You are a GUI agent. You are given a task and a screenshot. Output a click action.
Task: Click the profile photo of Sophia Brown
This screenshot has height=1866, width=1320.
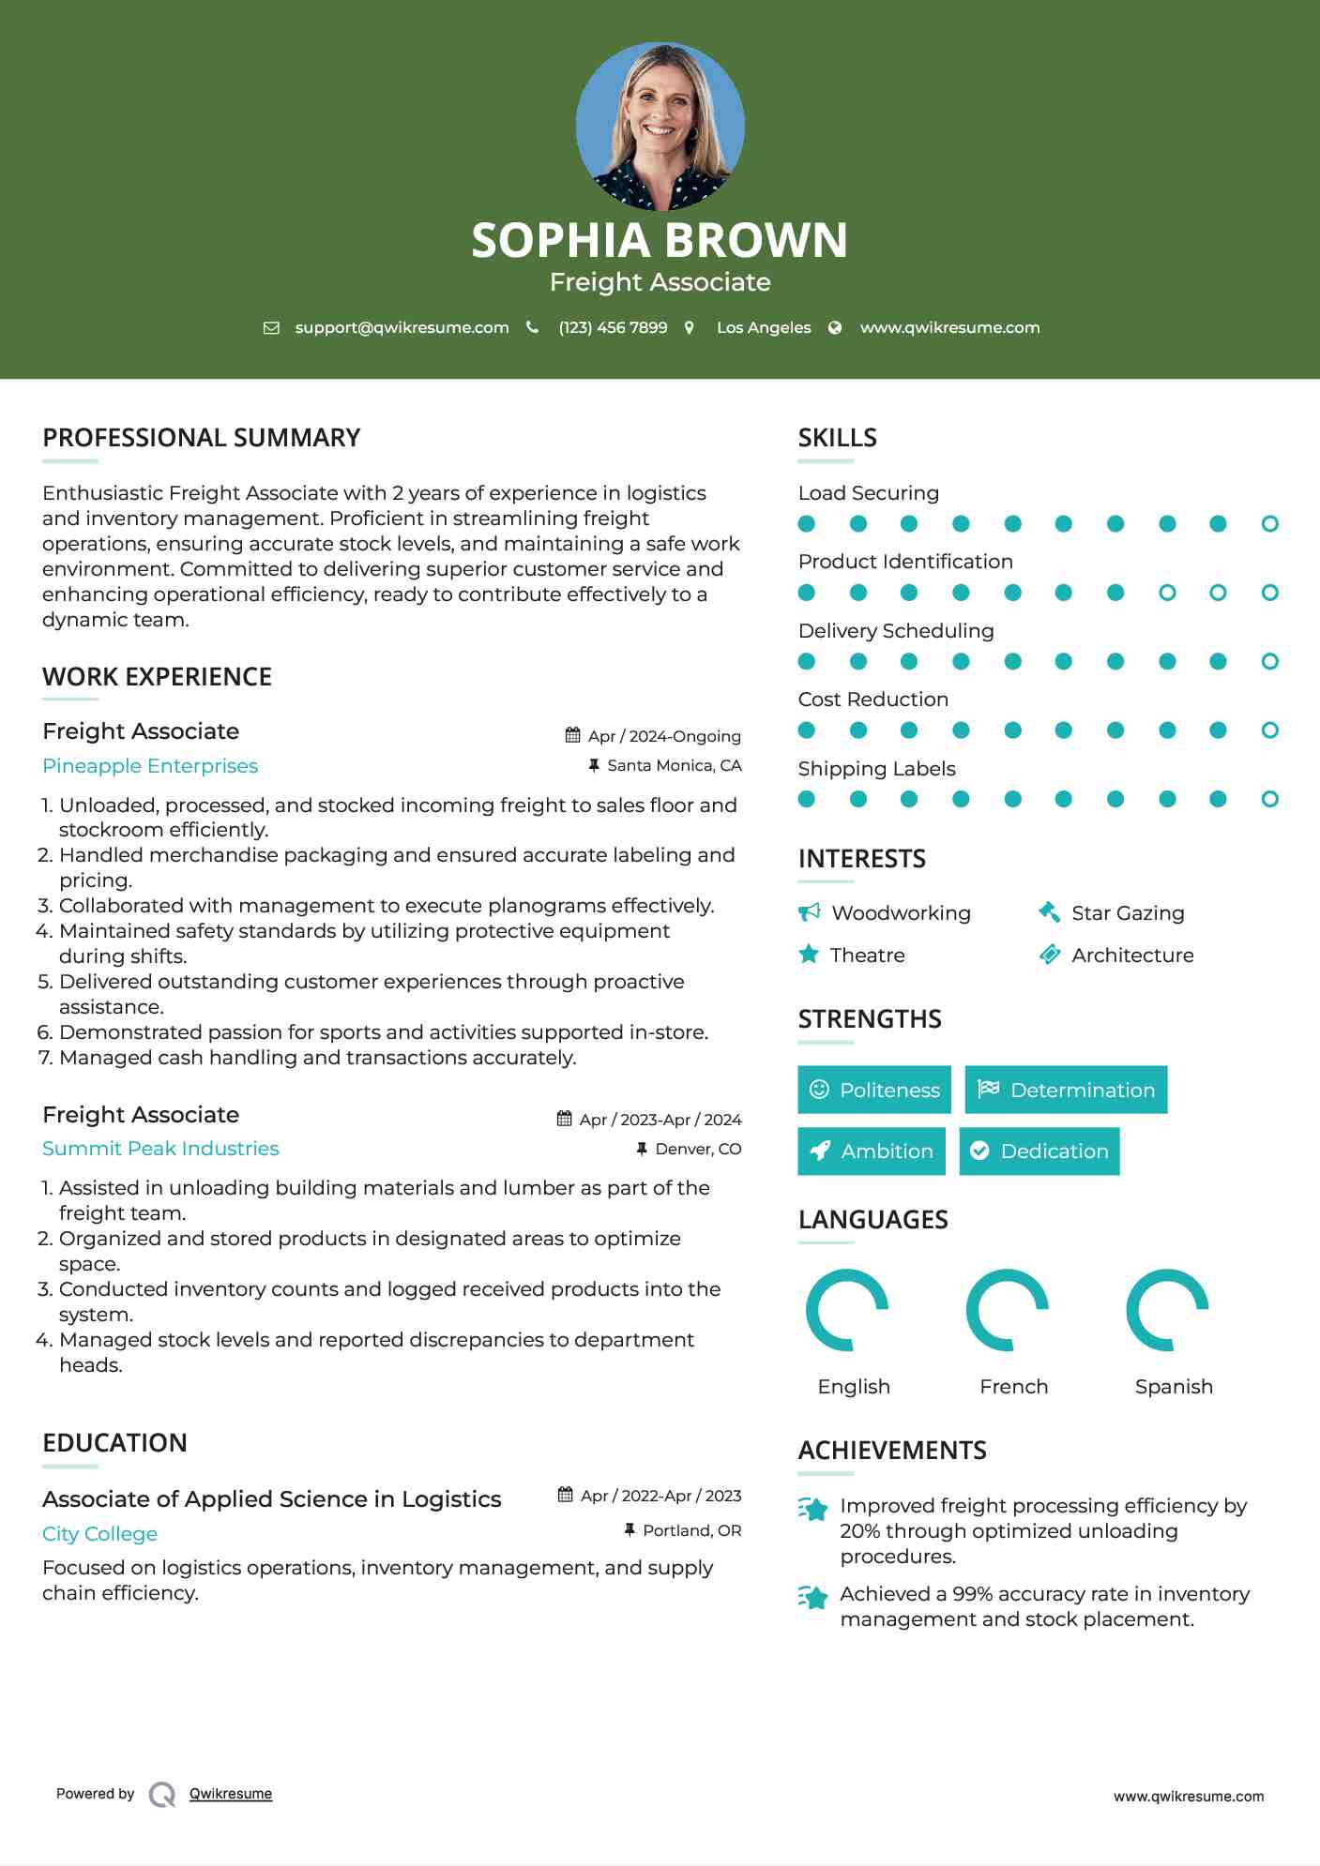(x=660, y=126)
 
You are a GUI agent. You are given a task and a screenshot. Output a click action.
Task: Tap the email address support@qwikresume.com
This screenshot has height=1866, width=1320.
(x=402, y=327)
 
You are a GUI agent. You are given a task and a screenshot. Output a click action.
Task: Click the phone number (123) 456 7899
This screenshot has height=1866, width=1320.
(x=613, y=327)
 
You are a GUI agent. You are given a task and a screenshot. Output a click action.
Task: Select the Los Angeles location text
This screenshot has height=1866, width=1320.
(x=763, y=327)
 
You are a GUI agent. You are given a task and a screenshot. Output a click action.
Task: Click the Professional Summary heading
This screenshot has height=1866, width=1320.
(x=201, y=438)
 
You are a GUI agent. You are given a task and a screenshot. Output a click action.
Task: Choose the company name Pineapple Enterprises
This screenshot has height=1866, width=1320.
(x=150, y=766)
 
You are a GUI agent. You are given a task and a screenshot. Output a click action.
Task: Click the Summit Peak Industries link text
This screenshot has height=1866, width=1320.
(x=160, y=1149)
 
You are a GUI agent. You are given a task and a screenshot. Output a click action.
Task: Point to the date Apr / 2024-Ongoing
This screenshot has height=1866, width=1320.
(x=663, y=736)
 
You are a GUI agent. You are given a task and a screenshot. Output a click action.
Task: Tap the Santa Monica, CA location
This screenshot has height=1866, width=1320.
(x=674, y=765)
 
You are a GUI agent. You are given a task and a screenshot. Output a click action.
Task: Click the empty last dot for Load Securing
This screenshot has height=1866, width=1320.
(x=1269, y=524)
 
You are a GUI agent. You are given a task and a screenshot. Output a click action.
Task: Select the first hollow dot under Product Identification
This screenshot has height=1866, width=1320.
(x=1167, y=593)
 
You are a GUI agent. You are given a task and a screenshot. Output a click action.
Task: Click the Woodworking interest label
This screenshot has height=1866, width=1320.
(x=901, y=913)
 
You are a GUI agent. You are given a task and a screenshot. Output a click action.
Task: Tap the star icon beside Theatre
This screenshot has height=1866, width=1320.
(x=809, y=955)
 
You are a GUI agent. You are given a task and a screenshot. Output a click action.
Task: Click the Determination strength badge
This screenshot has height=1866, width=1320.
(x=1066, y=1090)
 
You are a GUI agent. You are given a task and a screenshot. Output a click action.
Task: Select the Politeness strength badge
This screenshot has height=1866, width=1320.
(x=873, y=1090)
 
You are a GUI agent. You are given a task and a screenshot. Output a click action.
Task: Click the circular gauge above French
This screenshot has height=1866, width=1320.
(x=1007, y=1310)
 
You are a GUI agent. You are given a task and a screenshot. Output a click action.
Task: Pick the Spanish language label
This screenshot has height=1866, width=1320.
(x=1174, y=1387)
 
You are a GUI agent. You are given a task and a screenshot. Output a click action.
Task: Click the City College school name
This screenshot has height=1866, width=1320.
(x=99, y=1534)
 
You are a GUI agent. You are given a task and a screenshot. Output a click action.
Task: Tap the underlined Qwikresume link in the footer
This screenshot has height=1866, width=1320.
(x=231, y=1794)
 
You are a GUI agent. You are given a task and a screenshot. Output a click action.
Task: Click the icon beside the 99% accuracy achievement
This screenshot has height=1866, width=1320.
(x=812, y=1597)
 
